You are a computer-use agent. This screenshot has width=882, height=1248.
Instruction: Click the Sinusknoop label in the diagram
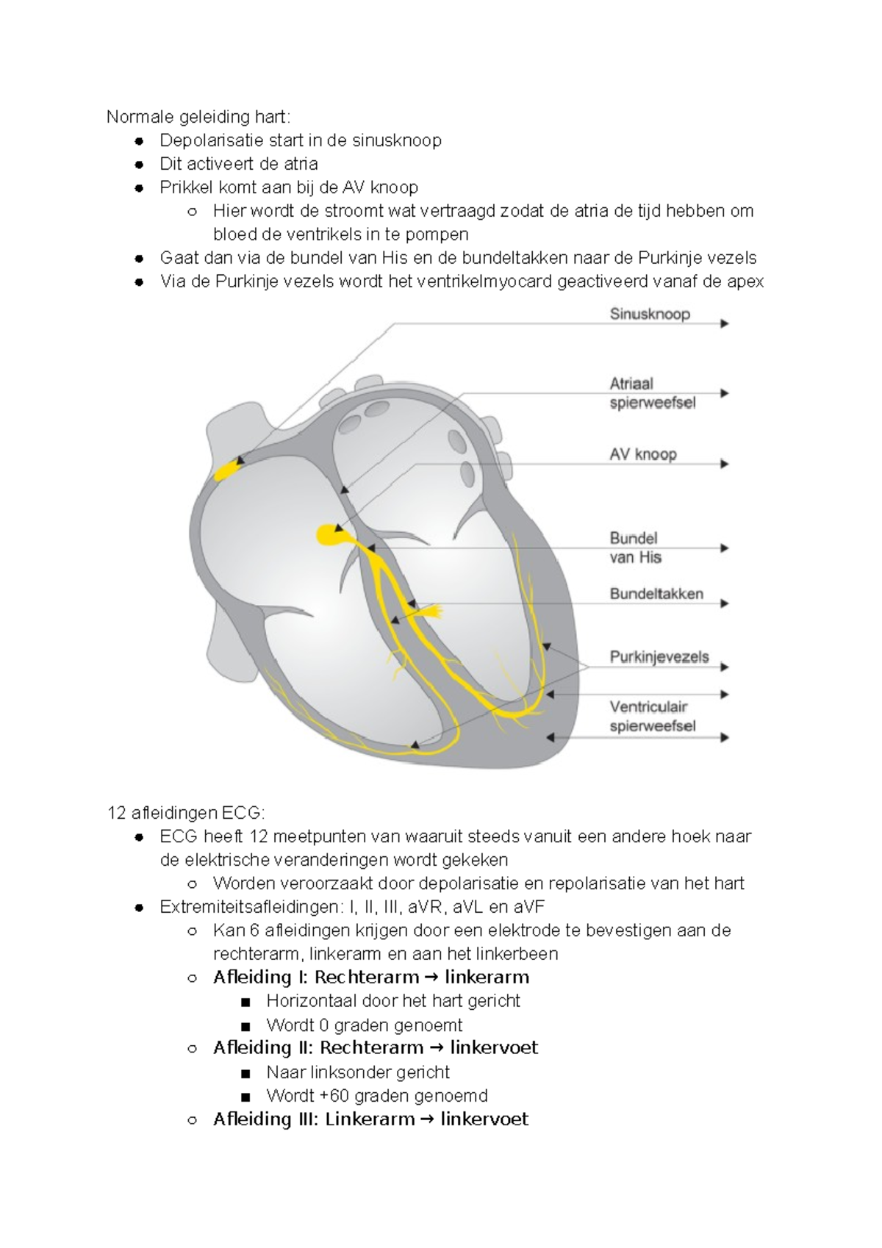click(x=650, y=315)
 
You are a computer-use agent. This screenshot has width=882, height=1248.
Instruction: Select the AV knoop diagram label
click(x=643, y=454)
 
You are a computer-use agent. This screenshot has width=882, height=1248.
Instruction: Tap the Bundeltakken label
click(x=656, y=594)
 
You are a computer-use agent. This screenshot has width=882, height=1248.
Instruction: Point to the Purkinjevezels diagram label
click(x=659, y=657)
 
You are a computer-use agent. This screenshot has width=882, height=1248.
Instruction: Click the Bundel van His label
click(x=635, y=548)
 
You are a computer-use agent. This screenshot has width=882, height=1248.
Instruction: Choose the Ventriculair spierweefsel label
click(x=652, y=717)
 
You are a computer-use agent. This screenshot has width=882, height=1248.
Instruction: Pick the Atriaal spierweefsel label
click(x=652, y=393)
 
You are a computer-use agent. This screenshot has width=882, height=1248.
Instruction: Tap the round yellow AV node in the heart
click(x=328, y=534)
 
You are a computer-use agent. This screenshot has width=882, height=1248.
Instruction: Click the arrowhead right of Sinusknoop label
click(x=725, y=323)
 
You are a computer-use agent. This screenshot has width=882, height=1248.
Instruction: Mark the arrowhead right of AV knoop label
click(x=725, y=464)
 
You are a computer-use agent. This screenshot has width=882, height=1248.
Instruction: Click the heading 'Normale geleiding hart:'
click(x=198, y=117)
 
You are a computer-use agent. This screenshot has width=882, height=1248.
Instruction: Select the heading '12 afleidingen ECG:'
click(x=186, y=813)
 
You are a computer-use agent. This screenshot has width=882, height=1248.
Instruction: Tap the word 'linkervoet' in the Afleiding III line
click(x=484, y=1119)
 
